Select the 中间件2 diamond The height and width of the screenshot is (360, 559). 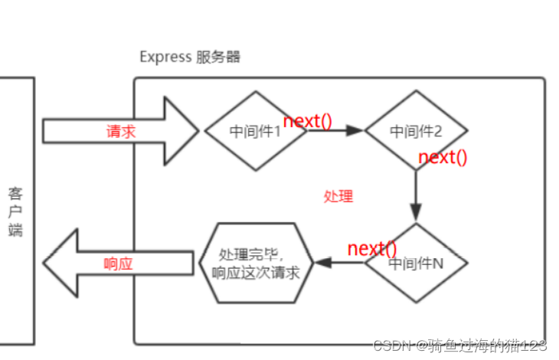click(x=416, y=130)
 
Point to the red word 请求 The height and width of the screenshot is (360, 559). click(x=120, y=131)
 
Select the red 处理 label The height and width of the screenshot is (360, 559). click(x=338, y=196)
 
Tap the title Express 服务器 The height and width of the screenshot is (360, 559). click(x=189, y=57)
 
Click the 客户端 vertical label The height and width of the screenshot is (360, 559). click(x=16, y=211)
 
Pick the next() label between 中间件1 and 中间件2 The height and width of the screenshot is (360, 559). click(x=308, y=121)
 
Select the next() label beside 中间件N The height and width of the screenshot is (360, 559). click(x=372, y=248)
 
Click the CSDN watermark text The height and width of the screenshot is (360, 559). click(x=459, y=345)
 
